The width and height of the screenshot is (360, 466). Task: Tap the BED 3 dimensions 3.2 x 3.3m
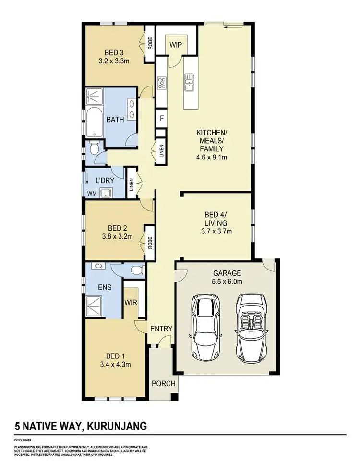click(x=114, y=61)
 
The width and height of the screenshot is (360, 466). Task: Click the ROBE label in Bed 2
click(x=150, y=243)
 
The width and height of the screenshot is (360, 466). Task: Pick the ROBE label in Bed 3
click(x=150, y=44)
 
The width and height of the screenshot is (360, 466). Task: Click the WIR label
click(x=131, y=303)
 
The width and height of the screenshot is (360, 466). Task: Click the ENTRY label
click(x=161, y=329)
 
